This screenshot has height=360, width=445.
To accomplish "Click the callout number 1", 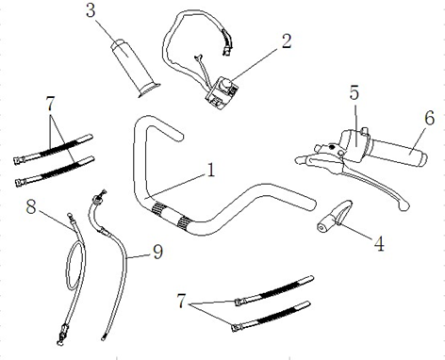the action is pyautogui.click(x=211, y=170).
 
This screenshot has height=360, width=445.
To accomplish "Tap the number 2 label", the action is pyautogui.click(x=287, y=41).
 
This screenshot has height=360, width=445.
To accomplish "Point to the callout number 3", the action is pyautogui.click(x=91, y=10).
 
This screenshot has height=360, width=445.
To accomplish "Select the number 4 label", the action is pyautogui.click(x=379, y=243).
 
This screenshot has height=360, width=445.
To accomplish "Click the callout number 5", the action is pyautogui.click(x=354, y=92).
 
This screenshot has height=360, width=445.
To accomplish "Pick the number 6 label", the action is pyautogui.click(x=429, y=118).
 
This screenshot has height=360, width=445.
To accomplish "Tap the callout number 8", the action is pyautogui.click(x=31, y=207).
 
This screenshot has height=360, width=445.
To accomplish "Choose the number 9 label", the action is pyautogui.click(x=157, y=252).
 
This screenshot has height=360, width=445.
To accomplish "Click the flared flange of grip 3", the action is pyautogui.click(x=149, y=89).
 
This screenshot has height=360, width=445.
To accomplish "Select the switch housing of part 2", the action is pyautogui.click(x=222, y=93).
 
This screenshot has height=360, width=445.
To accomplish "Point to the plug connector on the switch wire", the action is pyautogui.click(x=227, y=50).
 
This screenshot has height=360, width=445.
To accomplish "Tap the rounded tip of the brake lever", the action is pyautogui.click(x=404, y=205).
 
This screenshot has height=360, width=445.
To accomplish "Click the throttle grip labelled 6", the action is pyautogui.click(x=398, y=153).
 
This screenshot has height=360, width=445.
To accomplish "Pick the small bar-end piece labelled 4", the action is pyautogui.click(x=334, y=217).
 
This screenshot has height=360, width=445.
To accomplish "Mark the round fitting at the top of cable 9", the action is pyautogui.click(x=97, y=198).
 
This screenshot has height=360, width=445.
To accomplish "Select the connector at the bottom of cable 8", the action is pyautogui.click(x=62, y=334).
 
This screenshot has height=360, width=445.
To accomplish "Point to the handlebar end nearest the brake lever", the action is pyautogui.click(x=311, y=204).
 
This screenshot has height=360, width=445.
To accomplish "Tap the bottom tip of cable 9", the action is pyautogui.click(x=103, y=338).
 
